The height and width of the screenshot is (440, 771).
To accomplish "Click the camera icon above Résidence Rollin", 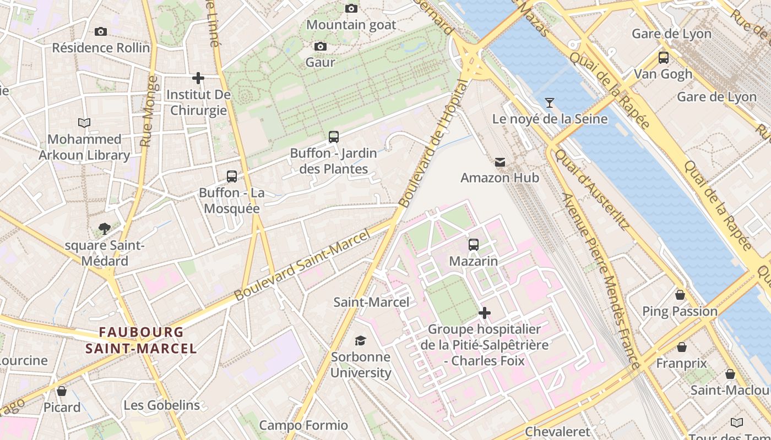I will tap(101, 31).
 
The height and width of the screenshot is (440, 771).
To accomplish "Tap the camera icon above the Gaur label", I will tap(321, 46).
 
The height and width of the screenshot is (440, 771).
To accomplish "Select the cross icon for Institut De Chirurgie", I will tap(198, 78).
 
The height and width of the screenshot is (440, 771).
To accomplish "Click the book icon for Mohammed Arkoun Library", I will tap(84, 123).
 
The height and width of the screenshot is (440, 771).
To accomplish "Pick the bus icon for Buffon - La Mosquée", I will tap(232, 177).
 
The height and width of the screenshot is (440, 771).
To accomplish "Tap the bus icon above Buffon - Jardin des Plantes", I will tap(333, 137).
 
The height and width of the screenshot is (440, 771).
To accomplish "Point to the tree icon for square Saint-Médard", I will tap(104, 229).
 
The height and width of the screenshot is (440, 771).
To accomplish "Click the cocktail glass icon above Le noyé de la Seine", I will tap(549, 103).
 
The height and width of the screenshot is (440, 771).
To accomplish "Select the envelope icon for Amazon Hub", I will tap(499, 162).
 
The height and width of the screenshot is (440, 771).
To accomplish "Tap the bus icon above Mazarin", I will tap(474, 245).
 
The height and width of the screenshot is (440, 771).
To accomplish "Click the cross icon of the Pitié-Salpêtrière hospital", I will tap(485, 313).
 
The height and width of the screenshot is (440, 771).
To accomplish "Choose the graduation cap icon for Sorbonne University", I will tap(360, 341).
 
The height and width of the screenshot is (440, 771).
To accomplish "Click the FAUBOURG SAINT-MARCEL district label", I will tap(141, 340).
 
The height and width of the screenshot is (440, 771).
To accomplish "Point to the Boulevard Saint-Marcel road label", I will tap(301, 266).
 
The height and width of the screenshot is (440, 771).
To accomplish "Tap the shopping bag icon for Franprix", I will tap(682, 347).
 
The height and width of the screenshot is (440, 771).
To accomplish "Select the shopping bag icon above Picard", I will tap(62, 391).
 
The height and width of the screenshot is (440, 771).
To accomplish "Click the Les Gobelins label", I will tap(161, 405).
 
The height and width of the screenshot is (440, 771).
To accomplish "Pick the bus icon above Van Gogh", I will tap(664, 57).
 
